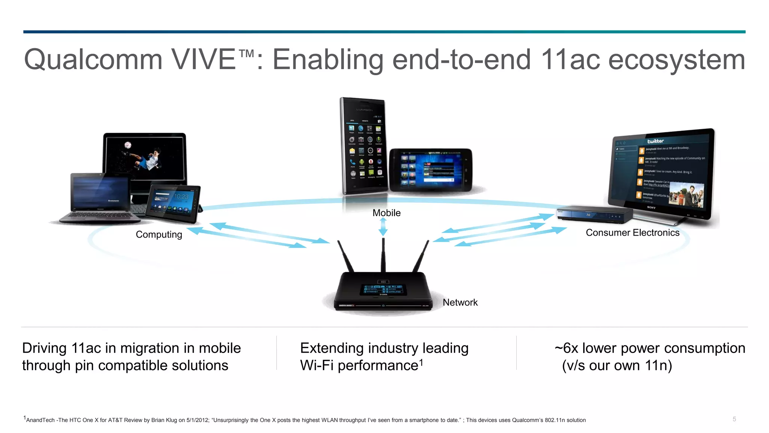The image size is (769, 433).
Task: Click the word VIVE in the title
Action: [203, 59]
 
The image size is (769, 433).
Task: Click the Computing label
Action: [159, 235]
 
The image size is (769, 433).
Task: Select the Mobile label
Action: [386, 213]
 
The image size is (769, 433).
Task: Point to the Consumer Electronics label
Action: [632, 233]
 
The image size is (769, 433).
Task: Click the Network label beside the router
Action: [460, 303]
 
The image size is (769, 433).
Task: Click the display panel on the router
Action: [383, 289]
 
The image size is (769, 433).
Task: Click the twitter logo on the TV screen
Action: [655, 141]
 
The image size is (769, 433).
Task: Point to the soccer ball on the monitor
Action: [128, 145]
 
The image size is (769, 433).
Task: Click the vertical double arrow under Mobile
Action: [383, 227]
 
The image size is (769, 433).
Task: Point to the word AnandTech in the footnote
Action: [40, 420]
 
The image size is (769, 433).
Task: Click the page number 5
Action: [734, 419]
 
